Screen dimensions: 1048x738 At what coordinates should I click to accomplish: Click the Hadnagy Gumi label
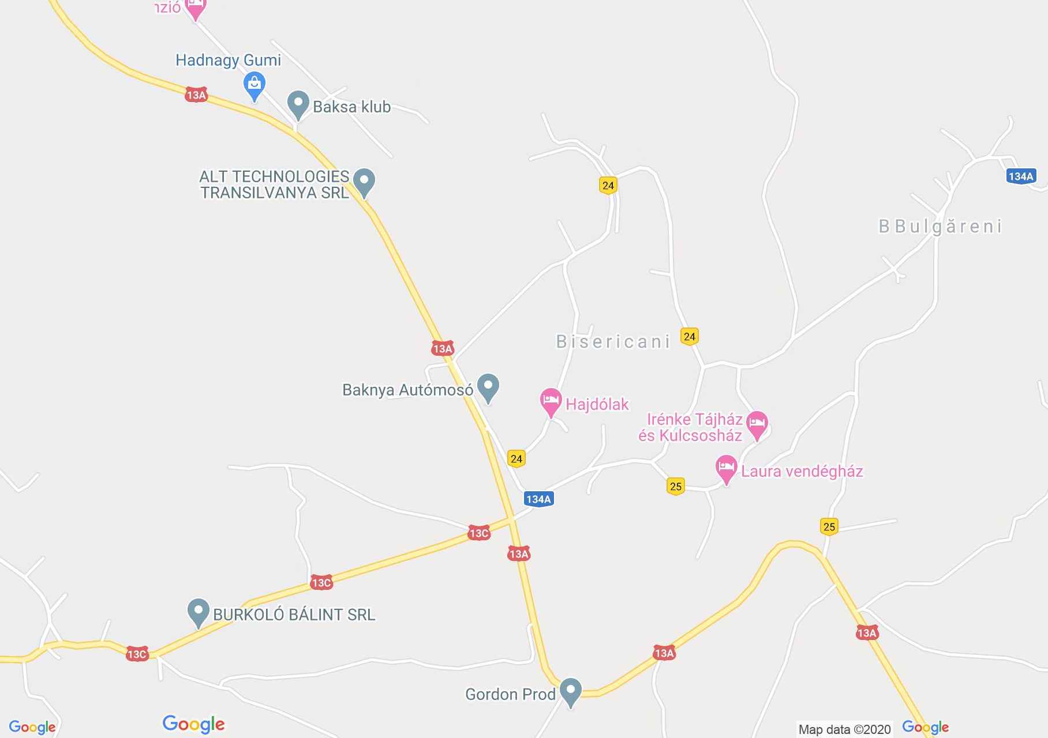tap(228, 60)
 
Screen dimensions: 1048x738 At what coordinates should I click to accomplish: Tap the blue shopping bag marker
tap(254, 85)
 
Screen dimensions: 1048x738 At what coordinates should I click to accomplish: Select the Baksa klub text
tap(351, 107)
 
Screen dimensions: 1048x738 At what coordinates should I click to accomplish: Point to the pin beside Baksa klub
tap(298, 104)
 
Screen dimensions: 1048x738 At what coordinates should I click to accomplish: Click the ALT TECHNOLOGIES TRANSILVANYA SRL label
tap(275, 184)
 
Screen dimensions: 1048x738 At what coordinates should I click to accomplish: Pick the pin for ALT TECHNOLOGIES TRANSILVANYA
tap(364, 180)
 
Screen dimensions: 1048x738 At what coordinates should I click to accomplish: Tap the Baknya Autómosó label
tap(407, 390)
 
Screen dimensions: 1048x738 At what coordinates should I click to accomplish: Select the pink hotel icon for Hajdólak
tap(551, 400)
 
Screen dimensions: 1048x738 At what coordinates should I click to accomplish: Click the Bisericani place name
tap(613, 342)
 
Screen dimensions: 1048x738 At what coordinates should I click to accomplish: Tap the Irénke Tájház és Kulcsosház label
tap(691, 427)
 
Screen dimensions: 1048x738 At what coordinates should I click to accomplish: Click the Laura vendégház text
tap(802, 472)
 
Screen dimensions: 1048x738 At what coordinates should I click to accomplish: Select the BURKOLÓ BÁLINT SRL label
tap(294, 615)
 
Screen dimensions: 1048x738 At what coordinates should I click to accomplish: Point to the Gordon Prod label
tap(510, 694)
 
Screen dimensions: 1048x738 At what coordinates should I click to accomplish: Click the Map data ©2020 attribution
tap(844, 729)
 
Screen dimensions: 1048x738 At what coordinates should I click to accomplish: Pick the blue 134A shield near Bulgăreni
tap(1020, 176)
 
